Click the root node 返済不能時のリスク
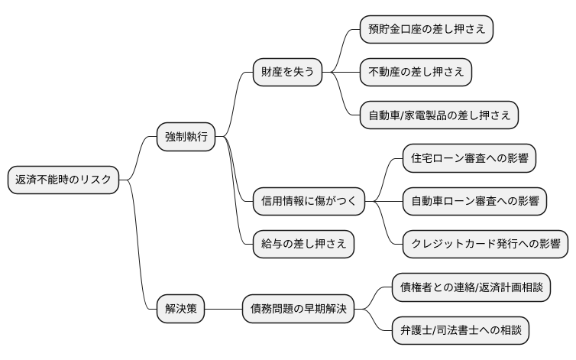[x=63, y=180]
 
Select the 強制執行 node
[x=186, y=138]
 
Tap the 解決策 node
[x=180, y=309]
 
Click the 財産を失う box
[x=287, y=73]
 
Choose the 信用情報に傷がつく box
[x=309, y=202]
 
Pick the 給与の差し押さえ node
[x=303, y=244]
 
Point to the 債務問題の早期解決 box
[x=298, y=309]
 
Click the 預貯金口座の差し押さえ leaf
[x=426, y=30]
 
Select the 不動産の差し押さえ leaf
[x=416, y=73]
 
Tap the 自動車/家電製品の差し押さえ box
[x=439, y=115]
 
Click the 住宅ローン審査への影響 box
[x=468, y=159]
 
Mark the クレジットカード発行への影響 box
[x=485, y=245]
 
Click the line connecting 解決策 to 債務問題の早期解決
[x=223, y=309]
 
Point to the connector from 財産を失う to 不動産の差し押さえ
[x=341, y=73]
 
